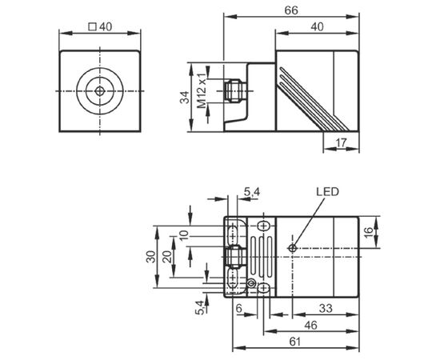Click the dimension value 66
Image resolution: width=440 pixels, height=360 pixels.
[x=291, y=10]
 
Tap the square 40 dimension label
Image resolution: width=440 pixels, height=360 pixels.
[x=100, y=27]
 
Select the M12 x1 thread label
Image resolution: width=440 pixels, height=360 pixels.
[x=201, y=90]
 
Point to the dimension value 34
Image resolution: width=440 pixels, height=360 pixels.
[x=185, y=97]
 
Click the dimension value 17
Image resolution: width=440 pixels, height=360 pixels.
[x=342, y=143]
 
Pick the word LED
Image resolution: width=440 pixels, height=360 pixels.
[x=327, y=192]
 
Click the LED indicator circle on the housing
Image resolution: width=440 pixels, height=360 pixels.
[x=292, y=248]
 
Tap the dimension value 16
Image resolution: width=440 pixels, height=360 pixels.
[x=369, y=232]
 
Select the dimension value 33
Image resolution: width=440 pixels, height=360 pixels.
[x=326, y=308]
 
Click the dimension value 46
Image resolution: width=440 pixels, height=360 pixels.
[x=311, y=326]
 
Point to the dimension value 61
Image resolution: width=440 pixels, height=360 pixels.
[x=295, y=342]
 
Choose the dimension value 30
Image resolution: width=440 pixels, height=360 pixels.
[x=150, y=257]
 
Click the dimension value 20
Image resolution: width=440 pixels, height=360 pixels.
[x=167, y=257]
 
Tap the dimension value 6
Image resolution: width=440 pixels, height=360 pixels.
[x=239, y=308]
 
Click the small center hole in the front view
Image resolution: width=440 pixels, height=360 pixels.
[x=100, y=91]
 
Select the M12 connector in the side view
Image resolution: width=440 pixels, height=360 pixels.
[x=235, y=90]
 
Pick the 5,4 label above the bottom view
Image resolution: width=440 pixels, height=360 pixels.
[x=252, y=192]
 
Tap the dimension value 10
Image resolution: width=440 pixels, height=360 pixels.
[x=184, y=236]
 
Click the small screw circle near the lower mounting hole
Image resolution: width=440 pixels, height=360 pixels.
[x=252, y=284]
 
